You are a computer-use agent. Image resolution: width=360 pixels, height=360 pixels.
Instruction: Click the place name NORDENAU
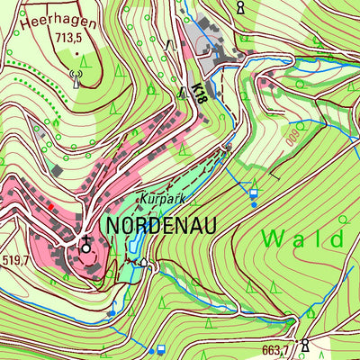161,225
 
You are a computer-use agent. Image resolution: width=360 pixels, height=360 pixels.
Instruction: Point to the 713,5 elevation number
71,39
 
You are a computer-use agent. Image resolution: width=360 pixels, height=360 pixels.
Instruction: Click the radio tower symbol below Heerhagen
75,77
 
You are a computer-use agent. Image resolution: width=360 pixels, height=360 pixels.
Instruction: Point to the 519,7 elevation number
15,261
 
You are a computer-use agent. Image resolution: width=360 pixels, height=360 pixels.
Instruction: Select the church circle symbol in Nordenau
85,246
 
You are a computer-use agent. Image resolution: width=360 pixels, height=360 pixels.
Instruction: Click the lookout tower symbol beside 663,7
305,345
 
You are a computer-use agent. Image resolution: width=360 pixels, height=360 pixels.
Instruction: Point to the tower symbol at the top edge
240,7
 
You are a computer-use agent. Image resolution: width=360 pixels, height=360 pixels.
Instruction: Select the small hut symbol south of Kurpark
145,263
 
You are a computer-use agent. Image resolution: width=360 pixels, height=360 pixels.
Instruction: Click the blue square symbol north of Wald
253,193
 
